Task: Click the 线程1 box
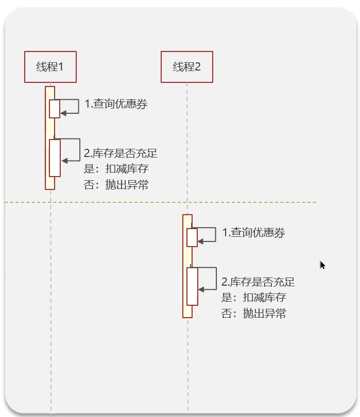tap(50, 67)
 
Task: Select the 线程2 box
tap(187, 67)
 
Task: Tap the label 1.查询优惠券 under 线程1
tap(116, 104)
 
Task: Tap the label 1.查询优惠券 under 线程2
tap(253, 233)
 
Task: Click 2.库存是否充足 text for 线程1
tap(121, 153)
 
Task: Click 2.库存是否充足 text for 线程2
tap(258, 282)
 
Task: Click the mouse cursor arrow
tap(322, 265)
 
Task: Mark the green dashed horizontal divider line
tap(160, 202)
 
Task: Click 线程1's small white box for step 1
tap(55, 109)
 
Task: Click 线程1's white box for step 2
tap(55, 158)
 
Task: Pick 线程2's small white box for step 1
tap(192, 237)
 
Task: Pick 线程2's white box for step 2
tap(192, 286)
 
